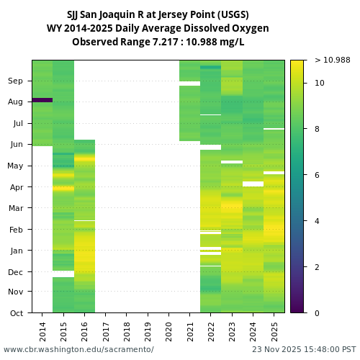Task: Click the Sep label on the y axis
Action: (16, 81)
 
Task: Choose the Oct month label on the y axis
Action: (17, 312)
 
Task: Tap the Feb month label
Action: (16, 230)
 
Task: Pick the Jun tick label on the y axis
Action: (16, 145)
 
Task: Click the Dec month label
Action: (16, 272)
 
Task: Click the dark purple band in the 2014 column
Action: (42, 100)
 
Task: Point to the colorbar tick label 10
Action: (319, 84)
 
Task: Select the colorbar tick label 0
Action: (317, 312)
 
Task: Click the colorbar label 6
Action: (317, 175)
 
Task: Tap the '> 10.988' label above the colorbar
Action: (333, 60)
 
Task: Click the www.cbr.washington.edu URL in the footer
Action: (78, 349)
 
